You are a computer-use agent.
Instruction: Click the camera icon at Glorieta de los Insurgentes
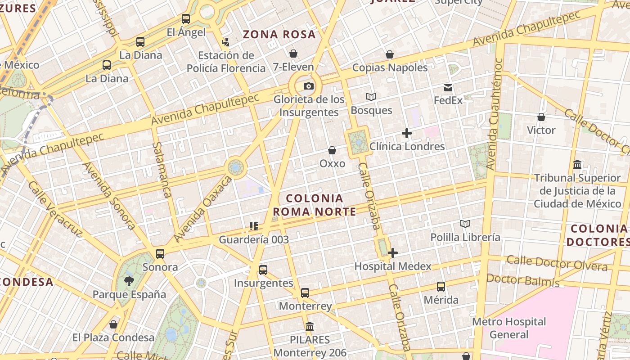[309, 86]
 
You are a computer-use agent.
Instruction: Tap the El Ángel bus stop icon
[186, 19]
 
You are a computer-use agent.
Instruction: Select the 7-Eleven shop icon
[293, 54]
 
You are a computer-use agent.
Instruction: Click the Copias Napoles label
[390, 67]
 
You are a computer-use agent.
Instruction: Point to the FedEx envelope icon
[448, 88]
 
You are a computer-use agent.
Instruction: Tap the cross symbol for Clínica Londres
[407, 133]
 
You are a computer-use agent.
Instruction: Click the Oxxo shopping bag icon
[332, 150]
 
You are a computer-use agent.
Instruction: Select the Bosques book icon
[371, 97]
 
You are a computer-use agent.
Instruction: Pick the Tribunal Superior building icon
[577, 165]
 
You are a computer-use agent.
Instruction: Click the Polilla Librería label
[465, 237]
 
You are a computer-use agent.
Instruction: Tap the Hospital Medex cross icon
[393, 253]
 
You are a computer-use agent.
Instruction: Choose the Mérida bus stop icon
[441, 287]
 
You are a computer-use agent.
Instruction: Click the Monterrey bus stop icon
[305, 293]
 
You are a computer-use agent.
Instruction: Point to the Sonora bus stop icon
[160, 254]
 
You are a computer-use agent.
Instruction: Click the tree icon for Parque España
[129, 282]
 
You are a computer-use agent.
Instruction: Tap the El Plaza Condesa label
[113, 337]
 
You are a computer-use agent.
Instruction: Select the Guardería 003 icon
[254, 226]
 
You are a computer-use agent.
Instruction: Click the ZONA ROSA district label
[279, 35]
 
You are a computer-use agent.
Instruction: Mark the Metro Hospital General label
[509, 328]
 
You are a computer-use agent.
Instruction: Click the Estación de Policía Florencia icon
[226, 42]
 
